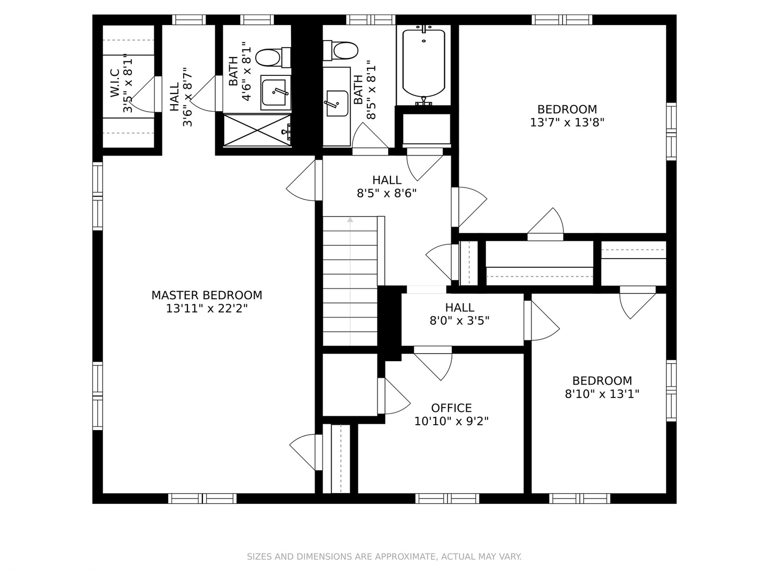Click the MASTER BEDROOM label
pyautogui.click(x=207, y=295)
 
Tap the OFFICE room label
pyautogui.click(x=451, y=408)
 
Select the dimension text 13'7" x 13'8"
pyautogui.click(x=567, y=123)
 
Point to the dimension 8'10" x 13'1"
pyautogui.click(x=602, y=394)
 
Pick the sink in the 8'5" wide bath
pyautogui.click(x=337, y=103)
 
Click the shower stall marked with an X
pyautogui.click(x=257, y=130)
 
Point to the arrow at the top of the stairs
pyautogui.click(x=350, y=220)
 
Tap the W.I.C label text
pyautogui.click(x=115, y=83)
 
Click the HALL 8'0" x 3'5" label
pyautogui.click(x=460, y=314)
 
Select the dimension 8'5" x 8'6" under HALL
pyautogui.click(x=387, y=193)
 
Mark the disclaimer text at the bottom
pyautogui.click(x=384, y=557)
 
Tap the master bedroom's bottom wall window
pyautogui.click(x=202, y=498)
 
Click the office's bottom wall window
pyautogui.click(x=448, y=498)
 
